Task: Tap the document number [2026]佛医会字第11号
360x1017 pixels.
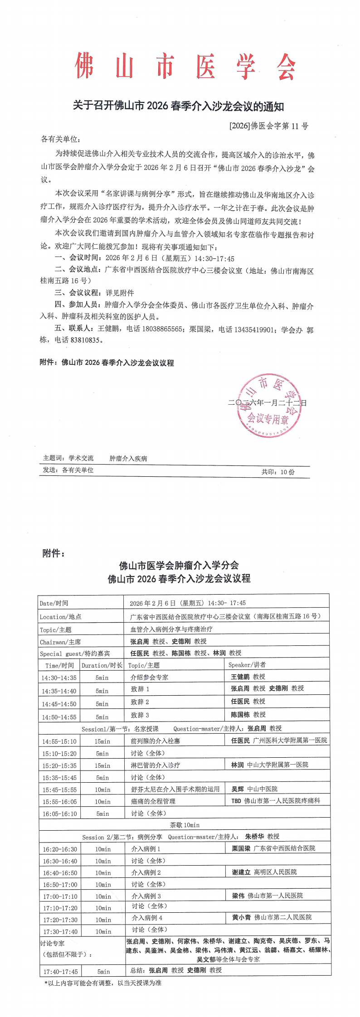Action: (268, 126)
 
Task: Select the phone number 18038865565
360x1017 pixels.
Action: (162, 329)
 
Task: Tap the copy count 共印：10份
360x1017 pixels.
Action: (277, 472)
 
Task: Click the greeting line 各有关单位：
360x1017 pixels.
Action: (61, 139)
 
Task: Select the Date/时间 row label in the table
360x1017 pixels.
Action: (54, 603)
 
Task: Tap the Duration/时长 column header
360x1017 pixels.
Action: (102, 665)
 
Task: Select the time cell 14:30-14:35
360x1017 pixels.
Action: (59, 678)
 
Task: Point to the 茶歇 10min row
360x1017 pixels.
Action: (185, 825)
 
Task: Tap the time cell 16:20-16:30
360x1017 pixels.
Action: (60, 849)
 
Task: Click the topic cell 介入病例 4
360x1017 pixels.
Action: (147, 918)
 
